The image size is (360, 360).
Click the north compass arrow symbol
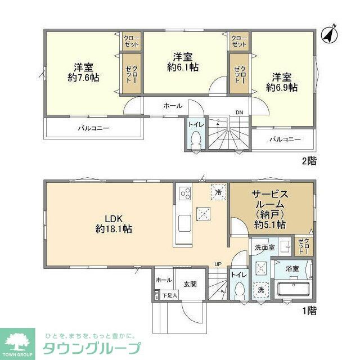pyautogui.click(x=328, y=34)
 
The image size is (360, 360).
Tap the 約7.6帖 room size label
pyautogui.click(x=83, y=78)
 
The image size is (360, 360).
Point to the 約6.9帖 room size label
pyautogui.click(x=282, y=88)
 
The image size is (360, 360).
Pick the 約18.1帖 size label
pyautogui.click(x=114, y=229)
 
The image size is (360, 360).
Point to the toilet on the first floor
pyautogui.click(x=238, y=292)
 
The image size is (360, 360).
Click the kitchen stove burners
pyautogui.click(x=185, y=194)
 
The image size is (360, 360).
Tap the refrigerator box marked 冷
pyautogui.click(x=218, y=192)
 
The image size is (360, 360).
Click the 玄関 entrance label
pyautogui.click(x=190, y=284)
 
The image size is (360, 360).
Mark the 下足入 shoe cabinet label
pyautogui.click(x=170, y=295)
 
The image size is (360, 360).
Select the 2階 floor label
pyautogui.click(x=309, y=161)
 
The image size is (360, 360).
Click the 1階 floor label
pyautogui.click(x=309, y=309)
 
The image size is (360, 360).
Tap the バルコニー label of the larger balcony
pyautogui.click(x=93, y=128)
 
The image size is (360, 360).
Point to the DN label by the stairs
pyautogui.click(x=239, y=112)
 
